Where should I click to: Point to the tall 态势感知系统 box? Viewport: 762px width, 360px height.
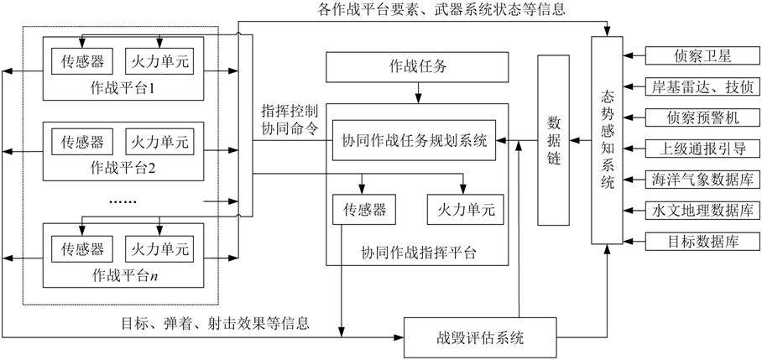607,140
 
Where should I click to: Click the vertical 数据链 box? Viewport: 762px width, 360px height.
553,140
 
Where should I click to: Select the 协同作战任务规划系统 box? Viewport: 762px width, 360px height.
414,140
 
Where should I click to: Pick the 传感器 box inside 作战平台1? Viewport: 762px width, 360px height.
78,60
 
